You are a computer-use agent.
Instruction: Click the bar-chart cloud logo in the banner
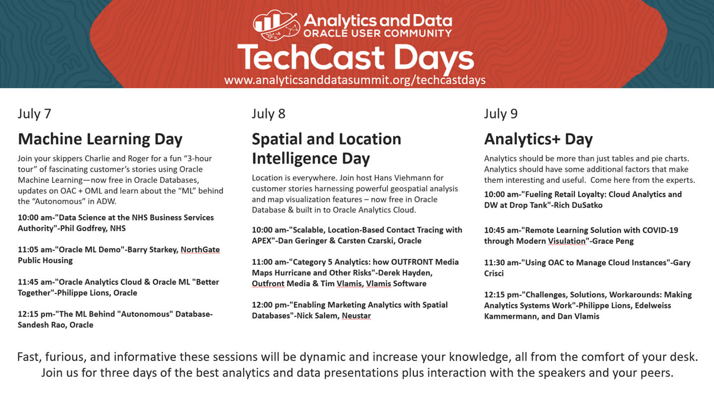pos(276,25)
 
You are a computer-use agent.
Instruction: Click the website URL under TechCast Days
pos(355,80)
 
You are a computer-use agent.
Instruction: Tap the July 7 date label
pos(34,114)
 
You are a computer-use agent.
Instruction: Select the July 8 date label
pos(268,114)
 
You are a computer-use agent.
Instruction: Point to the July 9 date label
pos(501,114)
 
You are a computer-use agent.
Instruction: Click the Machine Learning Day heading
pos(100,139)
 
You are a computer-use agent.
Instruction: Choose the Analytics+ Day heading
pos(538,139)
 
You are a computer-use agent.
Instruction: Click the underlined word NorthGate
pos(200,249)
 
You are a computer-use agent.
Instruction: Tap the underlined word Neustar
pos(357,316)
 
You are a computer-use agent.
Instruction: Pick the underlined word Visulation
pos(567,241)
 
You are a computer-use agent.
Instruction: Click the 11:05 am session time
pos(35,249)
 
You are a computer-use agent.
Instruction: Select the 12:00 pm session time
pos(269,305)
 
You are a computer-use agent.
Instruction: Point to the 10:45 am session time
pos(501,230)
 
